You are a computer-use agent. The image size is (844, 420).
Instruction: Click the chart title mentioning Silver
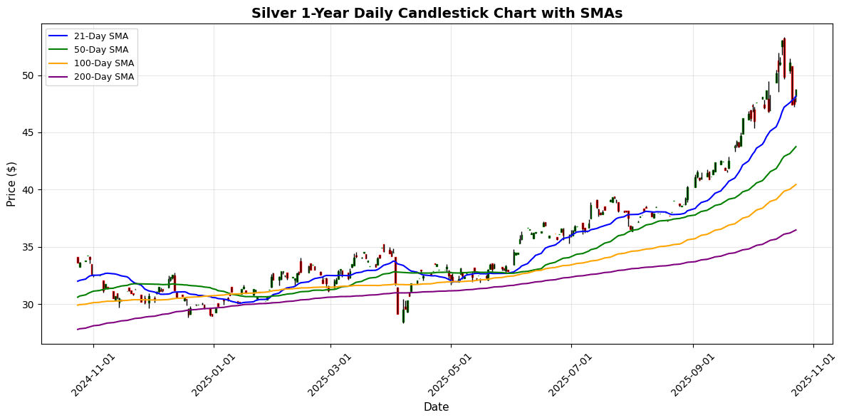click(x=437, y=13)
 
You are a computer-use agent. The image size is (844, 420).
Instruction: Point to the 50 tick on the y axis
click(x=28, y=75)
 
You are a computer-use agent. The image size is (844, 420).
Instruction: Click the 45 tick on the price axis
click(x=28, y=133)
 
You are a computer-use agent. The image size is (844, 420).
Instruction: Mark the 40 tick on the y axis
click(x=28, y=190)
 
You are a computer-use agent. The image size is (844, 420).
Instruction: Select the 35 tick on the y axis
click(x=28, y=248)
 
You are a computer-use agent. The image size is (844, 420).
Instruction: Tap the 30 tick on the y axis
click(x=28, y=305)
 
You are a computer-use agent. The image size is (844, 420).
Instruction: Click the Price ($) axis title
click(x=11, y=184)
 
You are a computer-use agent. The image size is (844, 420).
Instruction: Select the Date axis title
click(x=436, y=407)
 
